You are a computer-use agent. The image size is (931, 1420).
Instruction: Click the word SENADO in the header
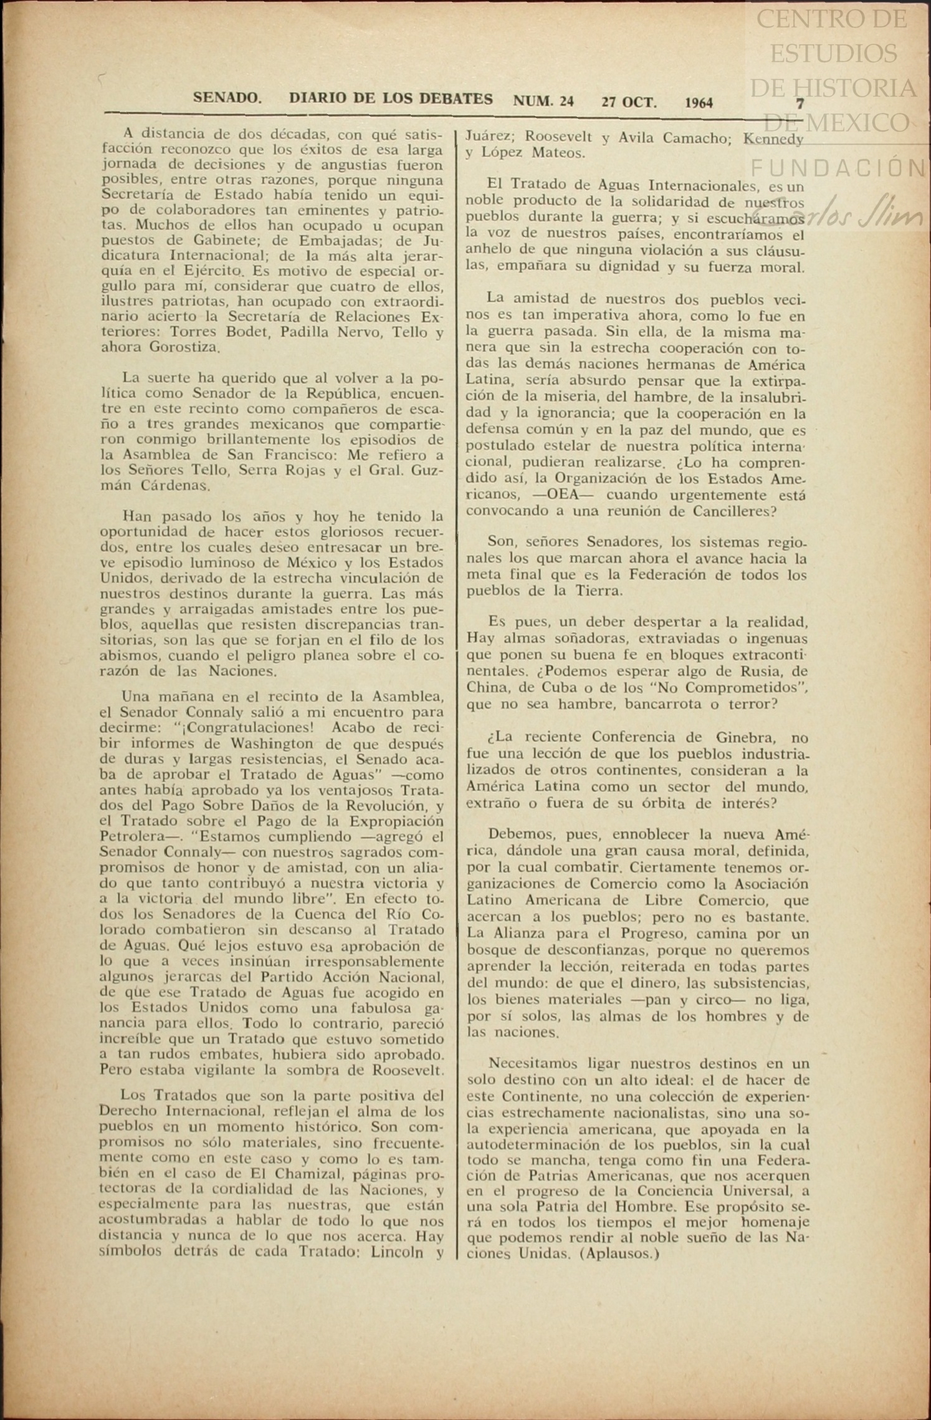tap(227, 98)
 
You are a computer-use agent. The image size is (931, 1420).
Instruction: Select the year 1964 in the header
tap(699, 102)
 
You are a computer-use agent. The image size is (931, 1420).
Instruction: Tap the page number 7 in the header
tap(800, 104)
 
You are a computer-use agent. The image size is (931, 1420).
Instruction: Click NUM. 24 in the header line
tap(543, 101)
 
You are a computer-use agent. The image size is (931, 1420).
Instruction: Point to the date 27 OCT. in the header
tap(629, 102)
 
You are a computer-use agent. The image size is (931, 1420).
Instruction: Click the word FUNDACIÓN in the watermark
tap(839, 168)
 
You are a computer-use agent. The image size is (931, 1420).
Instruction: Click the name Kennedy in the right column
tap(773, 138)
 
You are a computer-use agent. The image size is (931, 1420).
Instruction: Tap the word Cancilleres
tap(734, 511)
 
